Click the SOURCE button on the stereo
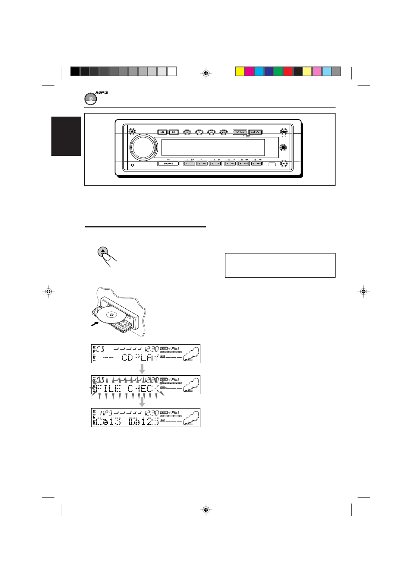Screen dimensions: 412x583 click(x=168, y=164)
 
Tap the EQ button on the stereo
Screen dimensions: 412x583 click(x=174, y=132)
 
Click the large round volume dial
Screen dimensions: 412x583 click(x=144, y=147)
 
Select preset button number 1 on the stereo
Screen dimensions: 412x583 click(x=189, y=164)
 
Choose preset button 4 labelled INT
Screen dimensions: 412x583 click(x=230, y=164)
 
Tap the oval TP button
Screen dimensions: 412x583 click(x=199, y=132)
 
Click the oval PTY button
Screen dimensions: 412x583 click(x=211, y=132)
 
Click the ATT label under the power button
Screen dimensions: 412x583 click(x=284, y=137)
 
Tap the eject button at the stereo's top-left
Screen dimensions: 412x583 click(x=132, y=131)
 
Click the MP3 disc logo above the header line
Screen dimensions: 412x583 click(x=91, y=98)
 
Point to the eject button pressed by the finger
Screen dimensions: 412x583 click(x=102, y=251)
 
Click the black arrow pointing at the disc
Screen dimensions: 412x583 click(x=95, y=323)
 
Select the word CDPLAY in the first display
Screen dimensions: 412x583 click(x=139, y=357)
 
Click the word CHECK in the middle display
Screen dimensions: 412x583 click(x=143, y=388)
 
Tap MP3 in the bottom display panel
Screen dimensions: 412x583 click(x=106, y=413)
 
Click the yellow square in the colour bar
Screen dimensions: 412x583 click(x=240, y=71)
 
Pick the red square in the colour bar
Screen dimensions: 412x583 click(x=288, y=71)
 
